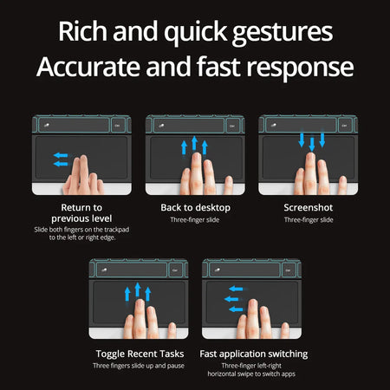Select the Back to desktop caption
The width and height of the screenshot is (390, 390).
(194, 208)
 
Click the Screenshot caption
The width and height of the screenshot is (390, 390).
(308, 208)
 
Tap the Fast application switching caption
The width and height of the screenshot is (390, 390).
(252, 354)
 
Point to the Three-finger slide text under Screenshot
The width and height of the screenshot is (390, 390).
(308, 220)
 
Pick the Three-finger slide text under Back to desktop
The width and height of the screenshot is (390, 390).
(194, 220)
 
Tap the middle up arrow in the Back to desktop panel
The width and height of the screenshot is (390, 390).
(194, 144)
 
